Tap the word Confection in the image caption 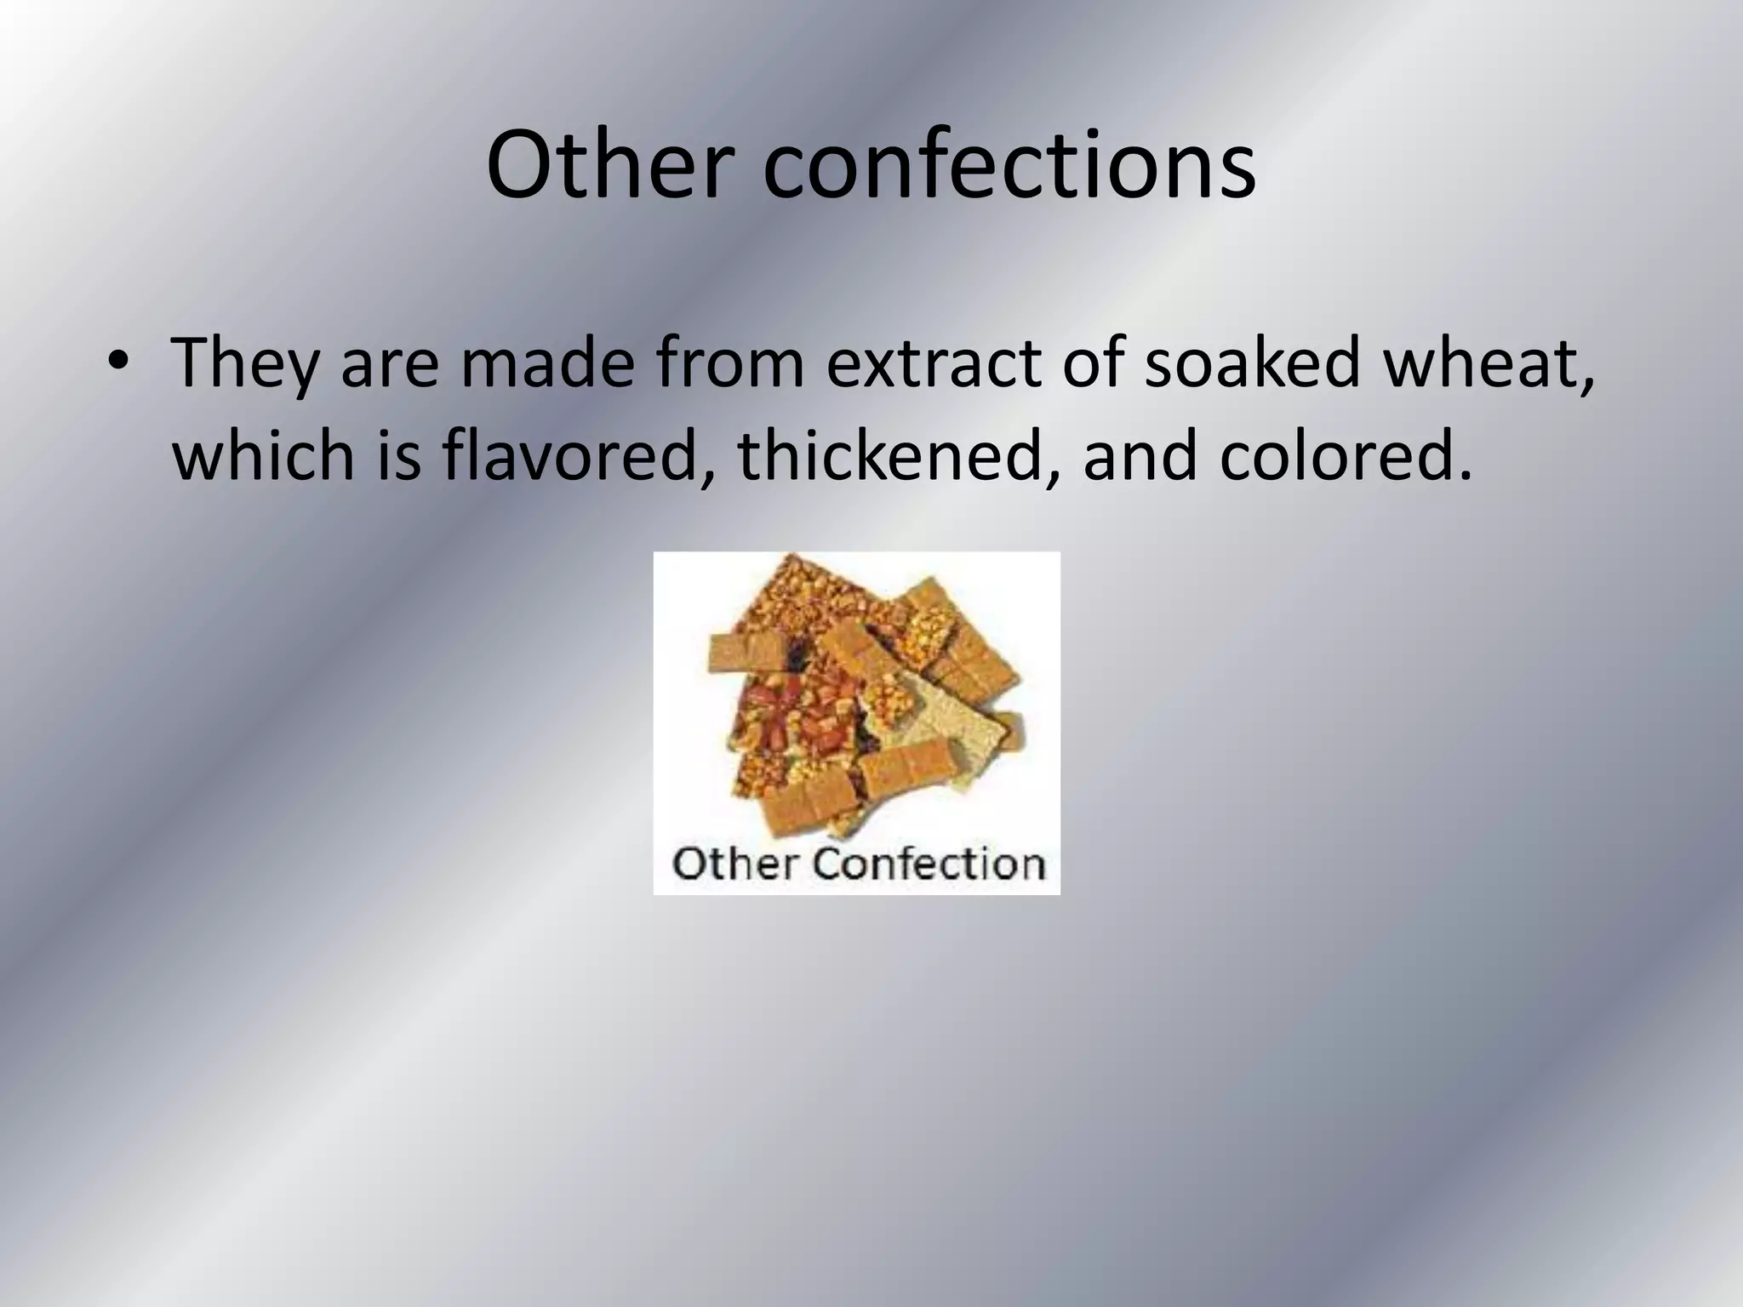tap(928, 864)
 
